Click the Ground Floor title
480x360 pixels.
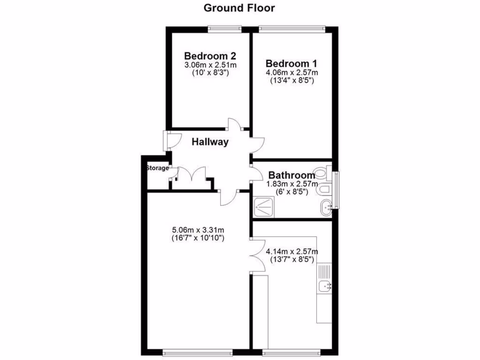[239, 8]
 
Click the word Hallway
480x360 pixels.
[210, 142]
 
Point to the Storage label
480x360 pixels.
[157, 168]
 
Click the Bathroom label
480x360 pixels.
[292, 176]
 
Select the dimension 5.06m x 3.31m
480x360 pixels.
[198, 230]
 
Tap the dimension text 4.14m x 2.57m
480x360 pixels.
[292, 251]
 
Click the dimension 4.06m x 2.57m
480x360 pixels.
[292, 72]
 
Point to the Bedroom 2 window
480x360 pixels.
[225, 29]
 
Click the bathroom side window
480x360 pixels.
[336, 190]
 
